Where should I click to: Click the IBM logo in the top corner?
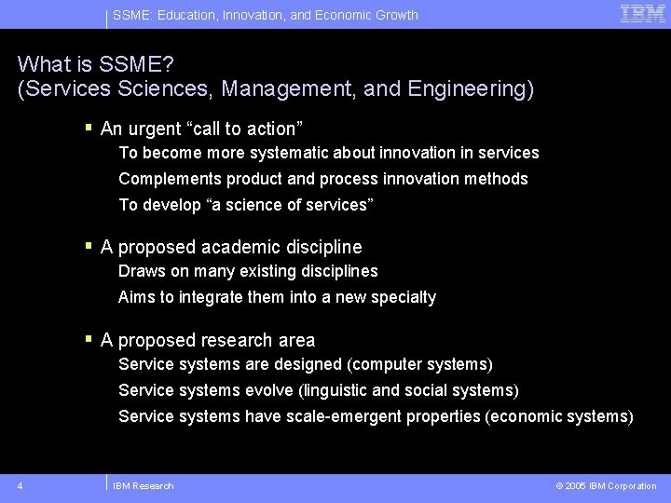pyautogui.click(x=642, y=14)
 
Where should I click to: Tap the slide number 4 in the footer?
pyautogui.click(x=21, y=485)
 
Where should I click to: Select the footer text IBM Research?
pyautogui.click(x=143, y=485)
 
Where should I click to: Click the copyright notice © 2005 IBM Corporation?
pyautogui.click(x=606, y=485)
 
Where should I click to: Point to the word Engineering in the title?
pyautogui.click(x=474, y=89)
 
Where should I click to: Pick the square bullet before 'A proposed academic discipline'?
pyautogui.click(x=89, y=246)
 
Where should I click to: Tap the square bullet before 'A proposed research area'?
pyautogui.click(x=89, y=339)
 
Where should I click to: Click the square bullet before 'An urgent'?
pyautogui.click(x=89, y=127)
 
